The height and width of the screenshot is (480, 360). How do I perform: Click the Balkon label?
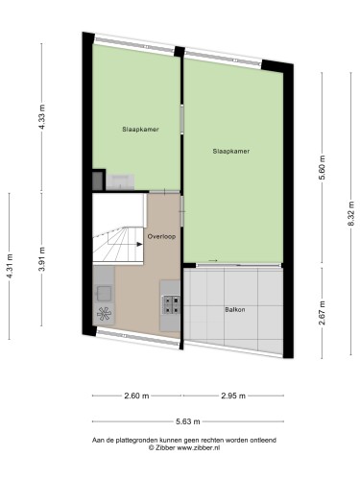235,309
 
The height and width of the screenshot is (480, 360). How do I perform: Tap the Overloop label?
161,236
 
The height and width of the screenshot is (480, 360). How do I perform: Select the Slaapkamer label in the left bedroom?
140,130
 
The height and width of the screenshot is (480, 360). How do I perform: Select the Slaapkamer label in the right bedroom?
231,151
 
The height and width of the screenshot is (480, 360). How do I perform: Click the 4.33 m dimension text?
41,116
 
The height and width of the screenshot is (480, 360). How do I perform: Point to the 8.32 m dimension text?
351,213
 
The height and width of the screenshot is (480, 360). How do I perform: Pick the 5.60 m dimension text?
322,168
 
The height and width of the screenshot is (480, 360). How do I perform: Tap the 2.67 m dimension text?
322,313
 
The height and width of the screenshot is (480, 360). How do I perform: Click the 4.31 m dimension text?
10,266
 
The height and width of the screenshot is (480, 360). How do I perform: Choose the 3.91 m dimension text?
41,259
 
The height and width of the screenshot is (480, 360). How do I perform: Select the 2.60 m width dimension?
136,396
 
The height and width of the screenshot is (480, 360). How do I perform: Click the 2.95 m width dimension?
233,396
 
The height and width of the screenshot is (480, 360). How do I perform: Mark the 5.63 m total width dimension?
188,421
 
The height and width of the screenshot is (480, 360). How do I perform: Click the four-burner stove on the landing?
171,305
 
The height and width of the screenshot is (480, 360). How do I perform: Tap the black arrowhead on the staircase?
139,244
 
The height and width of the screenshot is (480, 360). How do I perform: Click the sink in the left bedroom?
120,181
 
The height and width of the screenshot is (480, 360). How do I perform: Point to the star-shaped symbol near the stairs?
104,314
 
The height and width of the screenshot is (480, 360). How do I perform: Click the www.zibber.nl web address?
198,448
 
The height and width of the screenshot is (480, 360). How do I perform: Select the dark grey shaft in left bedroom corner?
97,180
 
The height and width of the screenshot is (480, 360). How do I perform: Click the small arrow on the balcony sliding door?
213,260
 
